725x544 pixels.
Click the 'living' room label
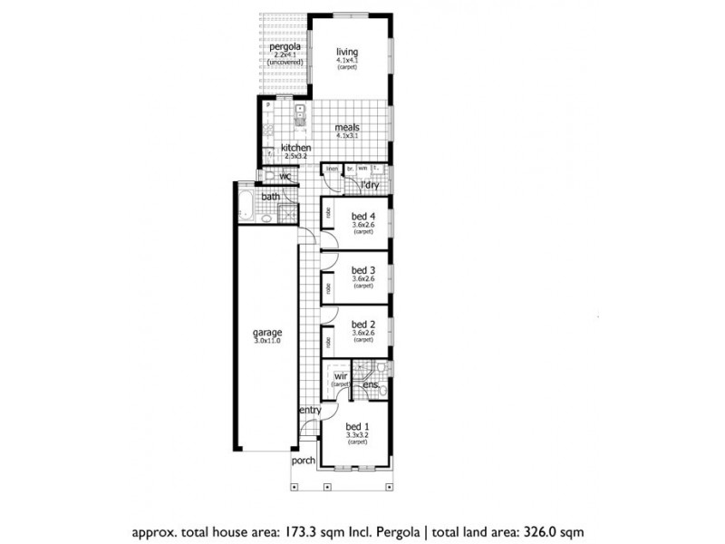pos(346,52)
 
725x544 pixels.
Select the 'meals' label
pos(347,128)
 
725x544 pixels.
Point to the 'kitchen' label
pos(295,148)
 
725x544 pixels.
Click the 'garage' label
pos(267,332)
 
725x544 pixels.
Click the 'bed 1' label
pos(356,426)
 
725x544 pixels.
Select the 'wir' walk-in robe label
pos(341,374)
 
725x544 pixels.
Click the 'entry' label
pos(310,411)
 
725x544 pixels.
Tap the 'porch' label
pos(304,461)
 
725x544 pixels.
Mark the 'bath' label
pos(270,197)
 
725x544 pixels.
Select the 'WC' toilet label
pos(285,177)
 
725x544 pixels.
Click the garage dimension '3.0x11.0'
pos(267,341)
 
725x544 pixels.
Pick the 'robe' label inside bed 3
pos(326,288)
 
